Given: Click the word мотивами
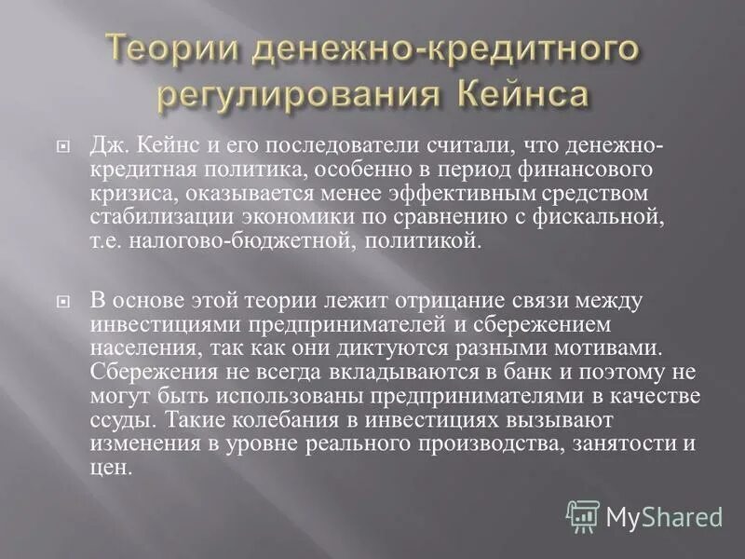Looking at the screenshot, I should click(x=603, y=347).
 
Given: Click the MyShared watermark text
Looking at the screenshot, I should click(x=664, y=515).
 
